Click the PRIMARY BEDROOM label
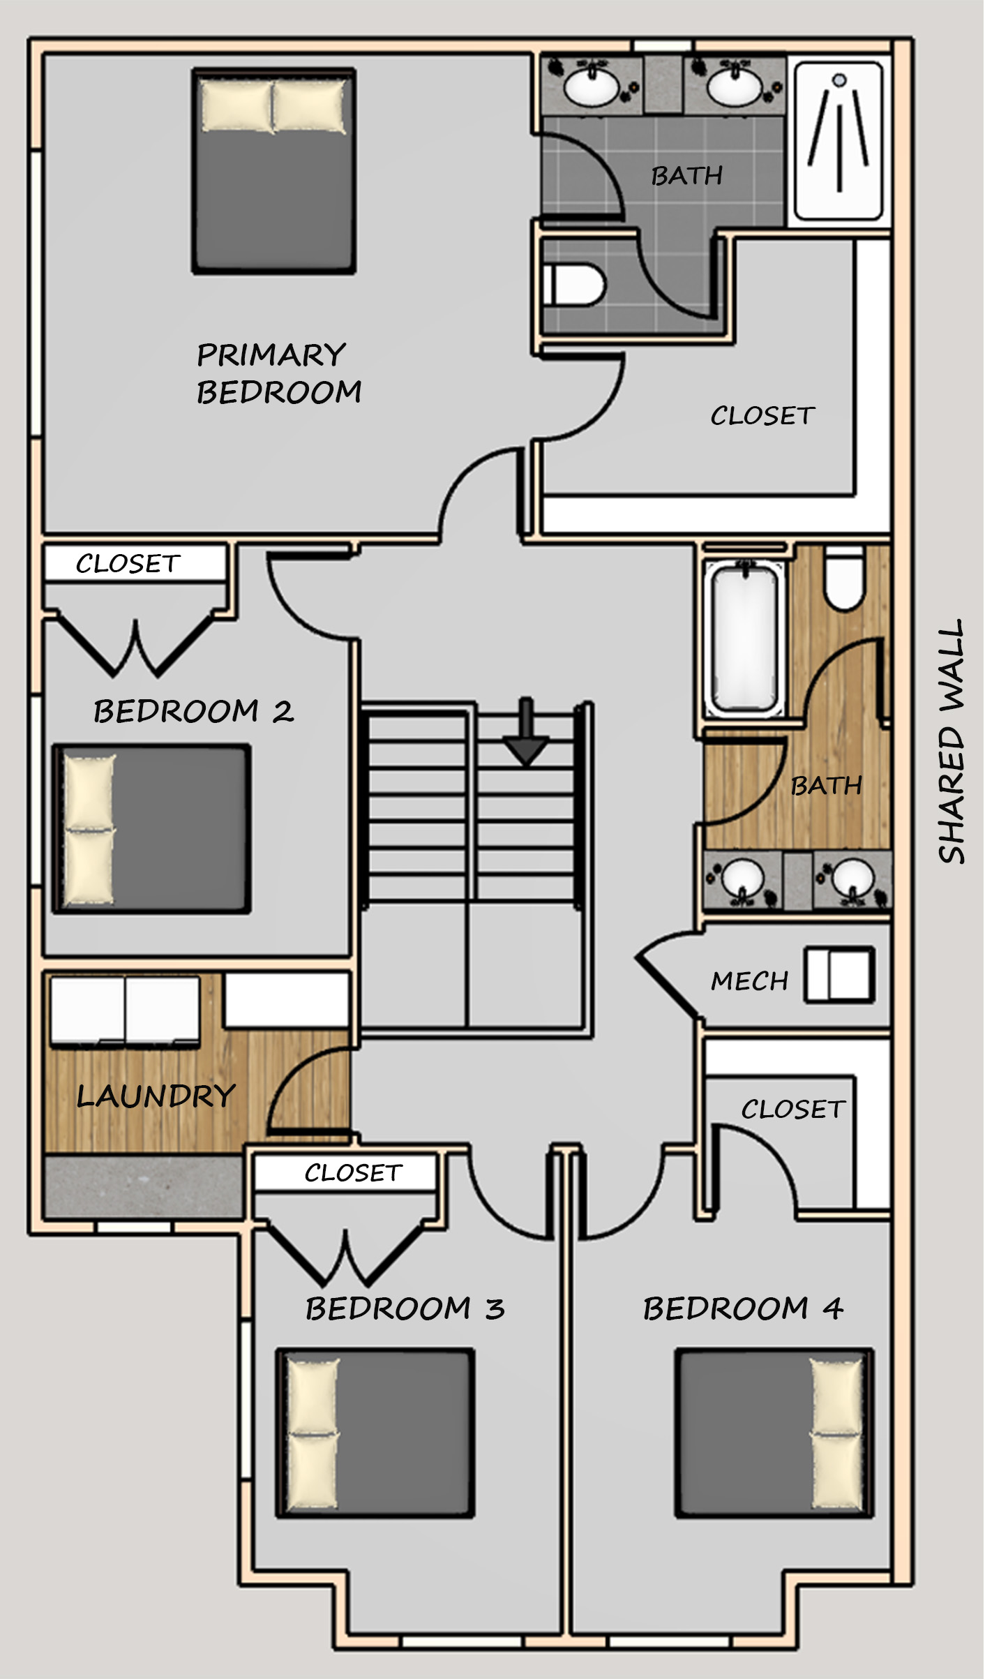click(x=279, y=373)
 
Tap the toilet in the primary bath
click(x=576, y=285)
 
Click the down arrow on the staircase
click(x=526, y=733)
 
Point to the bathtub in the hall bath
click(x=744, y=639)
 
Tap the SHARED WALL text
click(x=952, y=741)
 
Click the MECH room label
click(x=749, y=981)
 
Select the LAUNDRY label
click(x=156, y=1096)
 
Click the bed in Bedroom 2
click(x=151, y=829)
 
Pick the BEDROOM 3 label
click(x=405, y=1308)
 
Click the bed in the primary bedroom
click(x=274, y=170)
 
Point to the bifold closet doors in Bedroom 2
click(x=135, y=646)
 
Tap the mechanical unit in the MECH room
click(x=839, y=974)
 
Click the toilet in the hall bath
click(x=845, y=579)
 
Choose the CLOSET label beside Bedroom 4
click(x=793, y=1110)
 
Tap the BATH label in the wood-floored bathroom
click(x=827, y=786)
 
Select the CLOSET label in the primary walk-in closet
click(x=762, y=416)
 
